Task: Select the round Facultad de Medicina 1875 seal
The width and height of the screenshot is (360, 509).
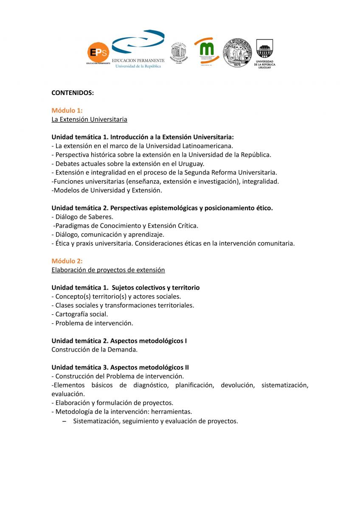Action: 237,53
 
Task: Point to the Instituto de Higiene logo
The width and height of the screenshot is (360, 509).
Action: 178,53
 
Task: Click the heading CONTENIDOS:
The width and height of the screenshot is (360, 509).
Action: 73,92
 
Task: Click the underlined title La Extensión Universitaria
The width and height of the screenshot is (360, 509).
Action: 89,119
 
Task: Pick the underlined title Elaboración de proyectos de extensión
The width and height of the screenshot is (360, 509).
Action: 108,270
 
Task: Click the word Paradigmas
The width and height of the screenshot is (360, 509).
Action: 72,226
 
